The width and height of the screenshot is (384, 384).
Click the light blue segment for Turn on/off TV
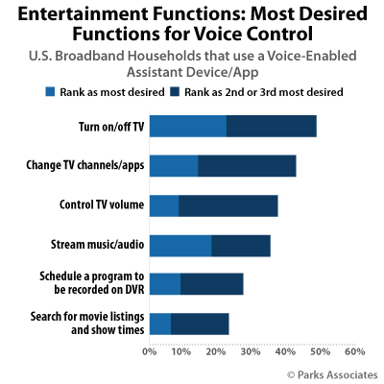tap(188, 126)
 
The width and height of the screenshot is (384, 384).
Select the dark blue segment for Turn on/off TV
tap(272, 126)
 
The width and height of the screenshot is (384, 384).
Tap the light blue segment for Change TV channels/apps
tap(174, 165)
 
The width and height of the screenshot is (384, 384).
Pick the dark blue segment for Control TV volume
tap(228, 204)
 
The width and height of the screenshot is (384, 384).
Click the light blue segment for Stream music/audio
tap(180, 245)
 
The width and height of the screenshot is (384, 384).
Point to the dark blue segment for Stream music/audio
tap(241, 245)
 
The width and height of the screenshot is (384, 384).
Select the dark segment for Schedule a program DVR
tap(212, 283)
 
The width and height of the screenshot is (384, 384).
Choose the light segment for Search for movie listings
tap(160, 324)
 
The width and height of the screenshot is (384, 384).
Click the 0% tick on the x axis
tap(150, 352)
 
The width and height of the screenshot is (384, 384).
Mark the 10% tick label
tap(183, 352)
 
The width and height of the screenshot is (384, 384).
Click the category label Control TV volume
tap(100, 204)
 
